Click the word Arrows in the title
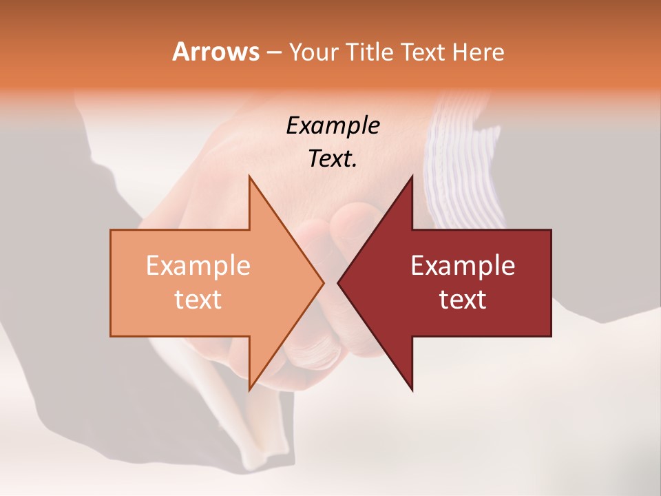pos(216,52)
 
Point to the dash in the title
pos(273,52)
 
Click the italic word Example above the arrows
pos(333,125)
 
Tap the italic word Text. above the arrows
pos(333,158)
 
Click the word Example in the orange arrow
pos(198,266)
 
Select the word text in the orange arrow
pos(198,300)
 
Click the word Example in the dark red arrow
pos(463,266)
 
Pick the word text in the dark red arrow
pos(463,300)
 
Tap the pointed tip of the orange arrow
pos(323,283)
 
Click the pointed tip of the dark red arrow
pos(338,283)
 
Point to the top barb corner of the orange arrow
pos(249,176)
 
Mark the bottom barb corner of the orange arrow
pos(249,390)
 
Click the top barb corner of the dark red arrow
pos(412,176)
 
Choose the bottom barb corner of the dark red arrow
pos(412,390)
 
